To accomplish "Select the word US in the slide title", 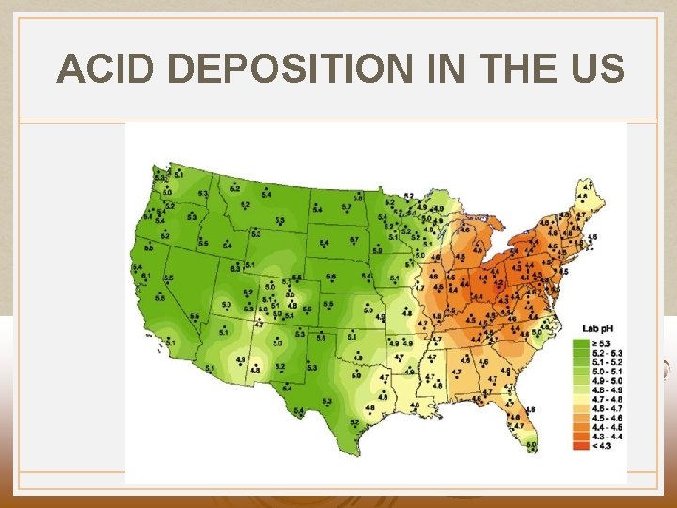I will click(598, 70).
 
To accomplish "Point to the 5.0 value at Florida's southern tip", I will click(531, 445).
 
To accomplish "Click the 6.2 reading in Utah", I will click(248, 293).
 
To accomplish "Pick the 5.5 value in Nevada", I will click(168, 278).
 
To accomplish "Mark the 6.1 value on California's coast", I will click(146, 275).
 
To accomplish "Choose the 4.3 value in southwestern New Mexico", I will click(255, 370).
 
